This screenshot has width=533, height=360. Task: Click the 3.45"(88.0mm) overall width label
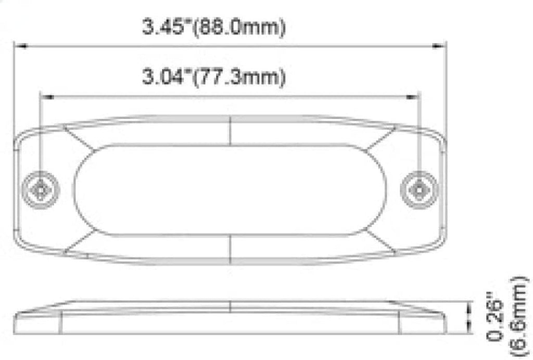pos(214,27)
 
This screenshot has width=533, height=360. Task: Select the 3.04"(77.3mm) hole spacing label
pos(214,78)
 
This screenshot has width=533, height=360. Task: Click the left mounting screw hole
pos(41,189)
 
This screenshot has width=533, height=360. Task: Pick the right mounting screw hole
pos(418,189)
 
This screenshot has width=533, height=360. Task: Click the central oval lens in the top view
pos(230,189)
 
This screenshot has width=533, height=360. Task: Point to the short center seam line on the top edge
pos(230,130)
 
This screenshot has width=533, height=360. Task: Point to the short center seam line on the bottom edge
pos(230,248)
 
